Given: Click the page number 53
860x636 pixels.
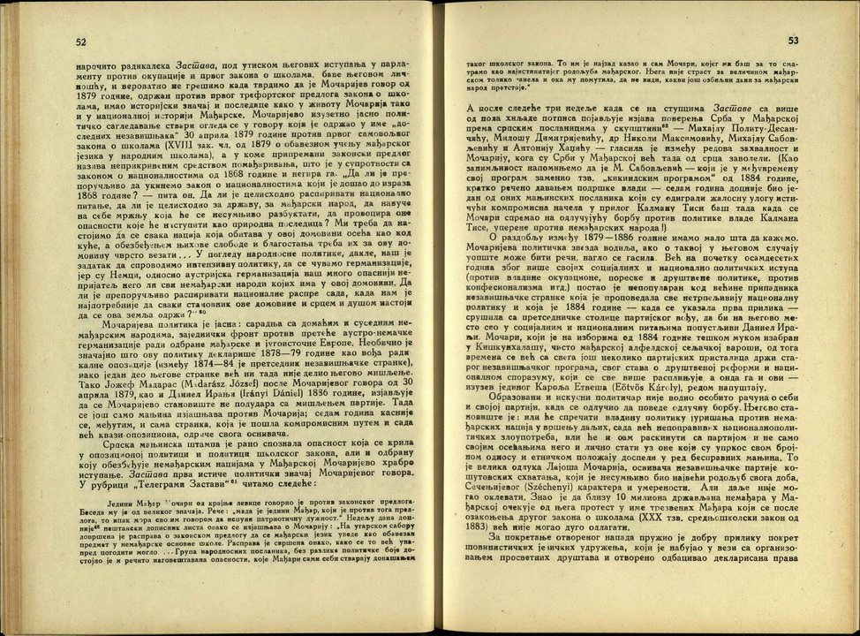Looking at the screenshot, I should tap(792, 41).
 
